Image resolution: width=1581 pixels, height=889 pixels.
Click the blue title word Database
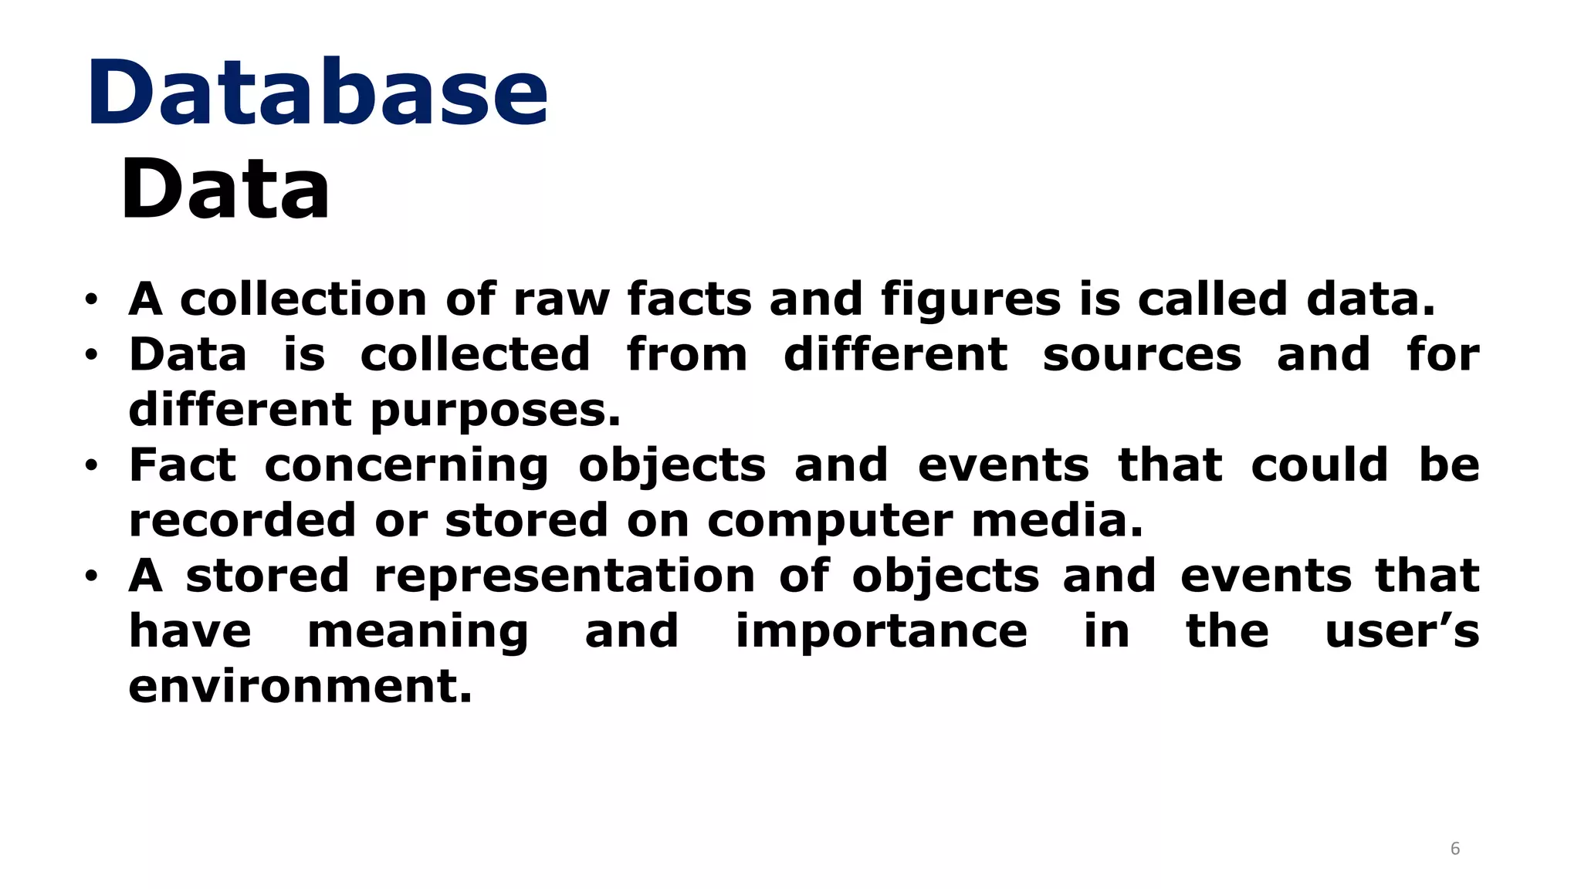pyautogui.click(x=317, y=93)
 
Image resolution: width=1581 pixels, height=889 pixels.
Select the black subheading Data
pyautogui.click(x=225, y=189)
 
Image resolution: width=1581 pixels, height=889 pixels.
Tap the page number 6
pyautogui.click(x=1455, y=849)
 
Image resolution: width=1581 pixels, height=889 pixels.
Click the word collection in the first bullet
pyautogui.click(x=303, y=299)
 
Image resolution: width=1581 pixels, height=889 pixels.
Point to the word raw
pyautogui.click(x=561, y=299)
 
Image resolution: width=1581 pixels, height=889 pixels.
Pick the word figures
pyautogui.click(x=971, y=301)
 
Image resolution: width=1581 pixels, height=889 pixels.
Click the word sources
pyautogui.click(x=1142, y=355)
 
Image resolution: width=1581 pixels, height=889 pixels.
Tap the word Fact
pyautogui.click(x=182, y=465)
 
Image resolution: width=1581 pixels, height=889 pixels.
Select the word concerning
pyautogui.click(x=406, y=467)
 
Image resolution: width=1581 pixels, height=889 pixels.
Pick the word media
pyautogui.click(x=1057, y=521)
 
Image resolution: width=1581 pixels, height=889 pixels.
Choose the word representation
pyautogui.click(x=564, y=577)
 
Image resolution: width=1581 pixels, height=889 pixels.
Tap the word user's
pyautogui.click(x=1402, y=632)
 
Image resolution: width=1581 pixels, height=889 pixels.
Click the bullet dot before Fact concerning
pyautogui.click(x=92, y=466)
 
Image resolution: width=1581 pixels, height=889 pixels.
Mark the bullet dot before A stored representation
pyautogui.click(x=92, y=576)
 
